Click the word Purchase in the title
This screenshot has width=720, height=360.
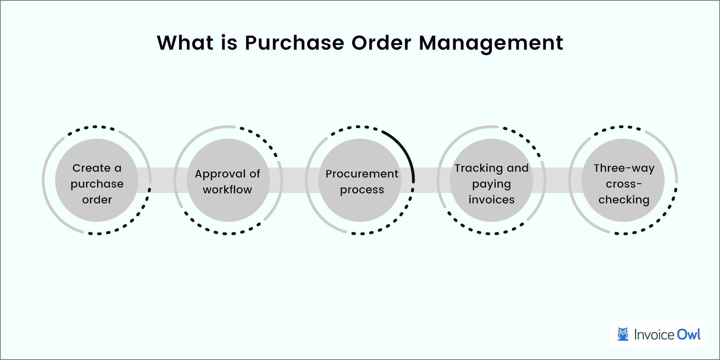(294, 43)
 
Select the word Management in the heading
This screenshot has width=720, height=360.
(491, 43)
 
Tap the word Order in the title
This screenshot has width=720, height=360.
(381, 43)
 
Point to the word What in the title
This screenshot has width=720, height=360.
(185, 43)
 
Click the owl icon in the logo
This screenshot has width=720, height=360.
(623, 334)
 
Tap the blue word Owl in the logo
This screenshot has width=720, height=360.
(689, 334)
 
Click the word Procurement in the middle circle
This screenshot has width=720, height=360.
(362, 174)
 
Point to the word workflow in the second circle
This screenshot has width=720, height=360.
(227, 190)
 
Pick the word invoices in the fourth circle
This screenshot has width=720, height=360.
(491, 200)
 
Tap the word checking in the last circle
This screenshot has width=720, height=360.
(624, 200)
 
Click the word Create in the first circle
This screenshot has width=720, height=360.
(91, 168)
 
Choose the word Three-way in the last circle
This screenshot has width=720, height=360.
(624, 168)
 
